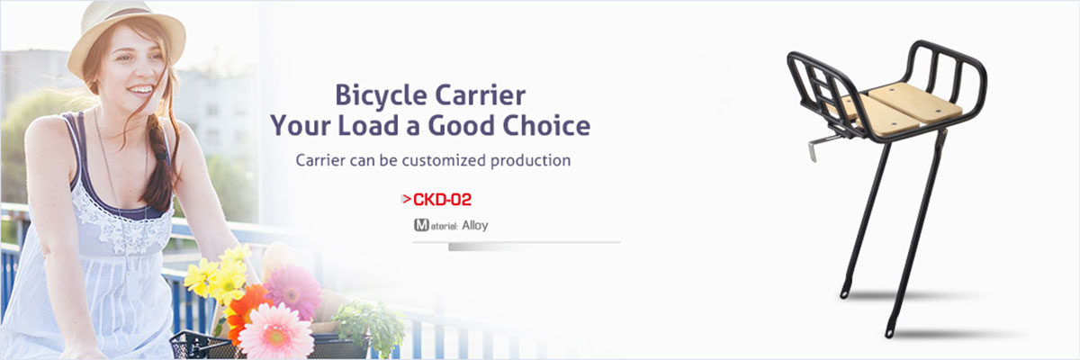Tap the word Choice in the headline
tap(547, 125)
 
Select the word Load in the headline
tap(368, 125)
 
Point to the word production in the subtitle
tap(530, 160)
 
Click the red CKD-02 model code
tap(442, 200)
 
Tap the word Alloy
tap(475, 225)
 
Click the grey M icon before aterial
tap(421, 225)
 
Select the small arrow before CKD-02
tap(406, 199)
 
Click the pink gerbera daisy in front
tap(276, 332)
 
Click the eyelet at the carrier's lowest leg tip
tap(889, 333)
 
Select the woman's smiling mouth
tap(140, 90)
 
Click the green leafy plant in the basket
tap(370, 323)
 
